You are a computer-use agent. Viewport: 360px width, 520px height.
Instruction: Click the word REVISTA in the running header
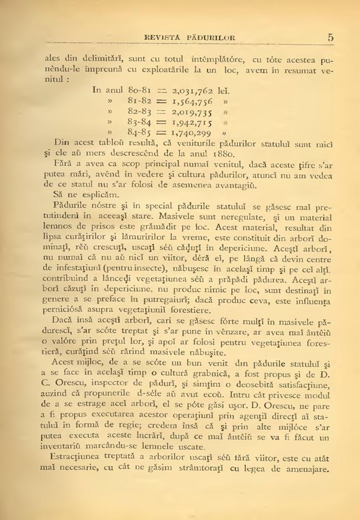coord(163,38)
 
